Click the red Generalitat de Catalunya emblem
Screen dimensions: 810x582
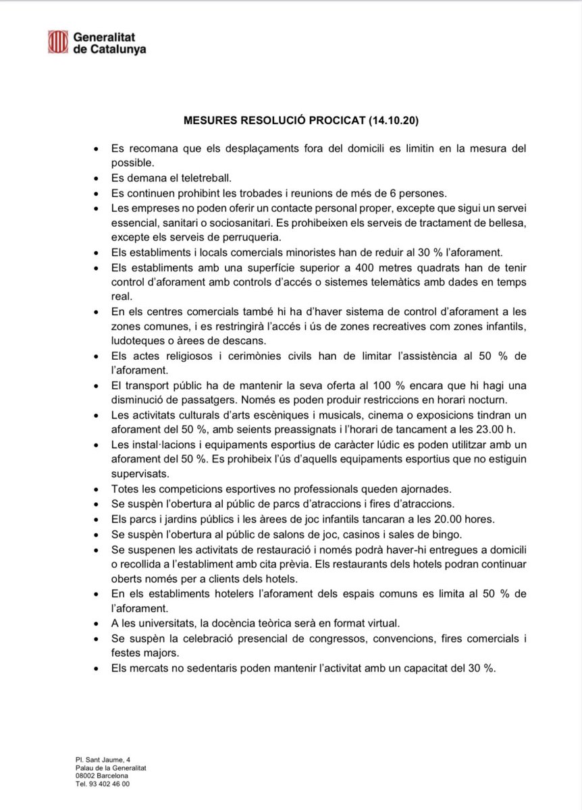click(x=57, y=42)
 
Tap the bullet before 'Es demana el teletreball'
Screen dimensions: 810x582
click(x=97, y=178)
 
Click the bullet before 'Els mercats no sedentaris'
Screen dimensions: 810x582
click(x=97, y=668)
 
